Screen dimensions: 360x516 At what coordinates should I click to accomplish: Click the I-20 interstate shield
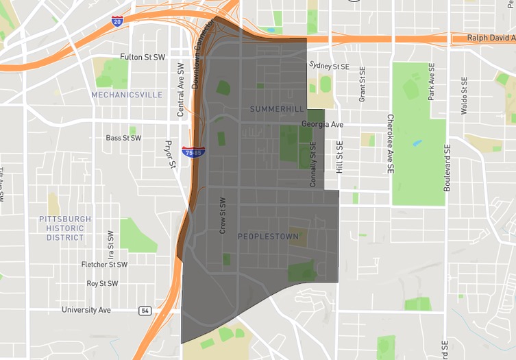117,22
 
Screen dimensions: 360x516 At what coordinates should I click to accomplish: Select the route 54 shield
145,311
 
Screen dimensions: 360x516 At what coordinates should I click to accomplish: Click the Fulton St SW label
143,57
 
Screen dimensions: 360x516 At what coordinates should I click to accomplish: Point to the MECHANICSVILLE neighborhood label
127,95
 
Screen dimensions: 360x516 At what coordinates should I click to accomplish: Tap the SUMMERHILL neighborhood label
276,109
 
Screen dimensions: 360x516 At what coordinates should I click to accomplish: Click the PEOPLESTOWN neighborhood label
268,237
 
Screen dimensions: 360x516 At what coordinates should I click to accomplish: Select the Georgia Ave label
322,125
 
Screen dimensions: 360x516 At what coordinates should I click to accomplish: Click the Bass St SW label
123,138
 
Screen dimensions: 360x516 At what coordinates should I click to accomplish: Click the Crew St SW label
222,216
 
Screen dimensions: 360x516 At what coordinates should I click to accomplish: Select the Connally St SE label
312,165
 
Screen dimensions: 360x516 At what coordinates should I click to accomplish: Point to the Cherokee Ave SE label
389,143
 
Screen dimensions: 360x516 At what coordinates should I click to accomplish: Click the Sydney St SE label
329,66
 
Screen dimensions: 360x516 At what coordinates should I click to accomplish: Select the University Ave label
86,310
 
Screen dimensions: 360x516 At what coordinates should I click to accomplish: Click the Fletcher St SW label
104,265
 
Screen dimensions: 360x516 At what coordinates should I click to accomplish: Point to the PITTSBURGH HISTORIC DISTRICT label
65,228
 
